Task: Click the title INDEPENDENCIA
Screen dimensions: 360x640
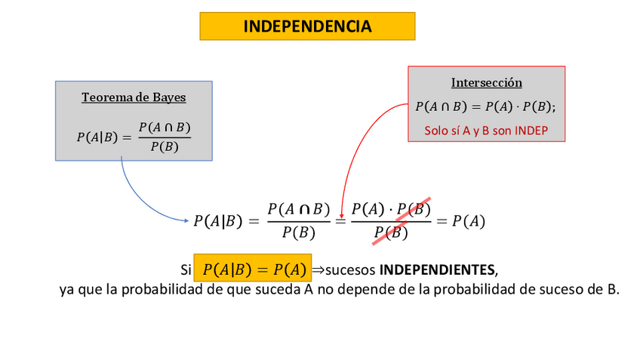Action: (x=307, y=26)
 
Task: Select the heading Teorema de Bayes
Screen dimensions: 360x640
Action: (x=134, y=97)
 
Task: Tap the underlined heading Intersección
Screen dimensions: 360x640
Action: (x=486, y=82)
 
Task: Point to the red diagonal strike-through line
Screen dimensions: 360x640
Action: (x=402, y=220)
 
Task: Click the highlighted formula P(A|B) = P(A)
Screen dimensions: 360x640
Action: (x=254, y=269)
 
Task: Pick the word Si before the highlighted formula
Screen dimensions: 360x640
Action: (x=186, y=269)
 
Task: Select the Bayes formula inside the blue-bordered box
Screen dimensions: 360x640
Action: (x=134, y=136)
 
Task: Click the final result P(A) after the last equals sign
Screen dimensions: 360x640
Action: (x=468, y=221)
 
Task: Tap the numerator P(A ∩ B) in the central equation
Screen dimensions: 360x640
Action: (x=299, y=209)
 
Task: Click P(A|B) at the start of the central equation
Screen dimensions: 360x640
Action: (x=217, y=221)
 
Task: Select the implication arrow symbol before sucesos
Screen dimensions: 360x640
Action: (x=318, y=269)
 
